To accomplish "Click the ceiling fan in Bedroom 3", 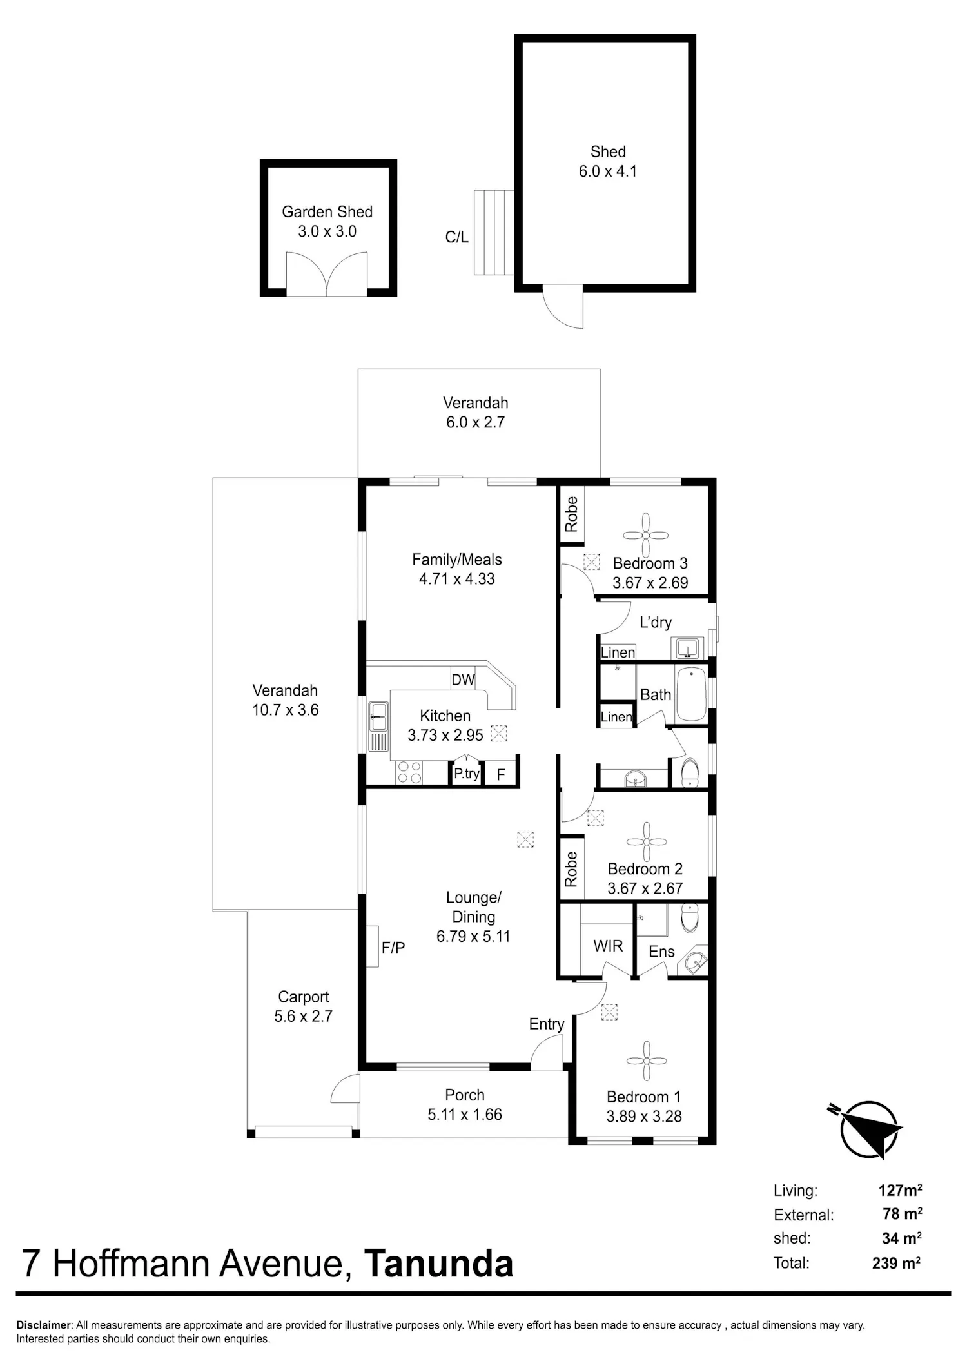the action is (x=646, y=535).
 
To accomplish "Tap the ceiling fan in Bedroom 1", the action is (x=646, y=1060).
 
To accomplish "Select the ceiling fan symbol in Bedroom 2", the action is (x=646, y=841).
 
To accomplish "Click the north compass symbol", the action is (x=867, y=1129).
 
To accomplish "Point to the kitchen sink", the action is (x=378, y=726).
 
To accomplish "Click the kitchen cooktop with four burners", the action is (x=408, y=772).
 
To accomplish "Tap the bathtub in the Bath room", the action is (x=691, y=695).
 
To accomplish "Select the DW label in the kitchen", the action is (x=463, y=679).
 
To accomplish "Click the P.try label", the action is (x=467, y=774).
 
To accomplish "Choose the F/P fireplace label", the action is (x=393, y=948).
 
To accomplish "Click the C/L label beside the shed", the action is (x=457, y=237).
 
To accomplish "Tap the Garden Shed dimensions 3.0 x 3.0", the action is (x=327, y=231).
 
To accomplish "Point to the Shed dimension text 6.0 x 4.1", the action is (x=608, y=171).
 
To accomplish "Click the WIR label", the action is (x=608, y=946).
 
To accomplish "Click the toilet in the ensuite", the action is (x=689, y=918).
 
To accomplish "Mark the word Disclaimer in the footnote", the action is (x=44, y=1325).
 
